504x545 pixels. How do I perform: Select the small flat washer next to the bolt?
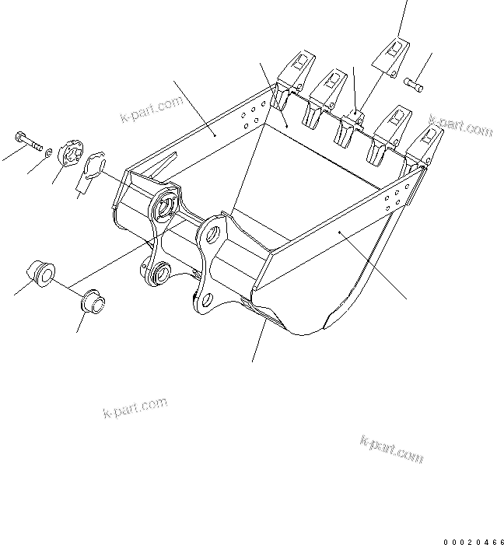(49, 151)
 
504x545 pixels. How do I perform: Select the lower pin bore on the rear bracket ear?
(162, 271)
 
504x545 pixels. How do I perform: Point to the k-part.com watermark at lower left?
(135, 407)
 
